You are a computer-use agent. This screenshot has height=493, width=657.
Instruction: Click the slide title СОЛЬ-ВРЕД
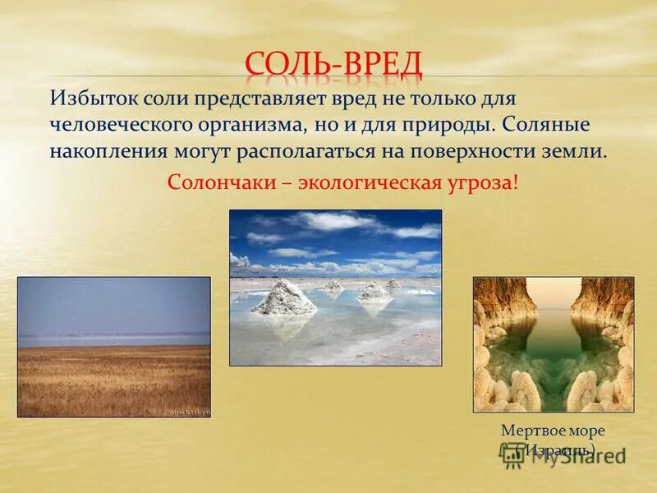(x=333, y=65)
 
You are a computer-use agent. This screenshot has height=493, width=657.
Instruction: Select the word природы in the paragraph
(x=453, y=127)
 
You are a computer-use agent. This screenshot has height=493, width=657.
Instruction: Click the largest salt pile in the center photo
(x=283, y=297)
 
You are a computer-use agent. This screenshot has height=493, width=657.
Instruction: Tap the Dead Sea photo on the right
(x=553, y=343)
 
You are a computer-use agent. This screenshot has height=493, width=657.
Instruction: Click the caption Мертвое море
(x=552, y=431)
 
